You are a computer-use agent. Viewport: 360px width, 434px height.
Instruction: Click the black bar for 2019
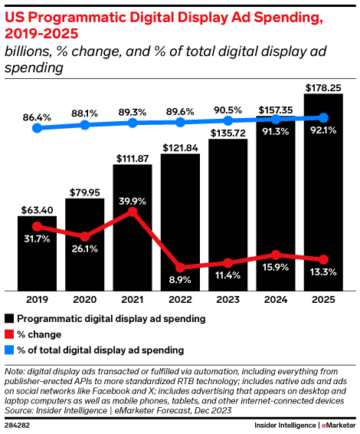click(37, 253)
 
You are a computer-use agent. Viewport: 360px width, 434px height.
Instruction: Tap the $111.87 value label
click(132, 157)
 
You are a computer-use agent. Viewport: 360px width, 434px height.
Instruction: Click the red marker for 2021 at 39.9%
click(133, 211)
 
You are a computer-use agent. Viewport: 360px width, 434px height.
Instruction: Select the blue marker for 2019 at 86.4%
click(37, 129)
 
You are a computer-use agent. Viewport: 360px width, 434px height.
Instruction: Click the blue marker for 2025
click(322, 118)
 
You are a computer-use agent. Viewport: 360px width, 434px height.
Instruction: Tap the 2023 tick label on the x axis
click(227, 300)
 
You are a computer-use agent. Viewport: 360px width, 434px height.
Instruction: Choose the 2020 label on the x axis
click(84, 300)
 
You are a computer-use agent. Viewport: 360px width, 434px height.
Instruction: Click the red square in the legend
click(8, 334)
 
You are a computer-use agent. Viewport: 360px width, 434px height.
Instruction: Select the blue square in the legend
click(8, 350)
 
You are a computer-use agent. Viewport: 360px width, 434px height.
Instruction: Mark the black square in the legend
click(8, 318)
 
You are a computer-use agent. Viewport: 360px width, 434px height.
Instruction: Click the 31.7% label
click(36, 239)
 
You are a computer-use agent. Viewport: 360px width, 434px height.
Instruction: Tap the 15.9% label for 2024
click(275, 268)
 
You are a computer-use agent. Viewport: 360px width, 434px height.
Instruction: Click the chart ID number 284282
click(18, 424)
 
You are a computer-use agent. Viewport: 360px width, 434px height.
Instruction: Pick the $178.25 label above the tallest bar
click(322, 89)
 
